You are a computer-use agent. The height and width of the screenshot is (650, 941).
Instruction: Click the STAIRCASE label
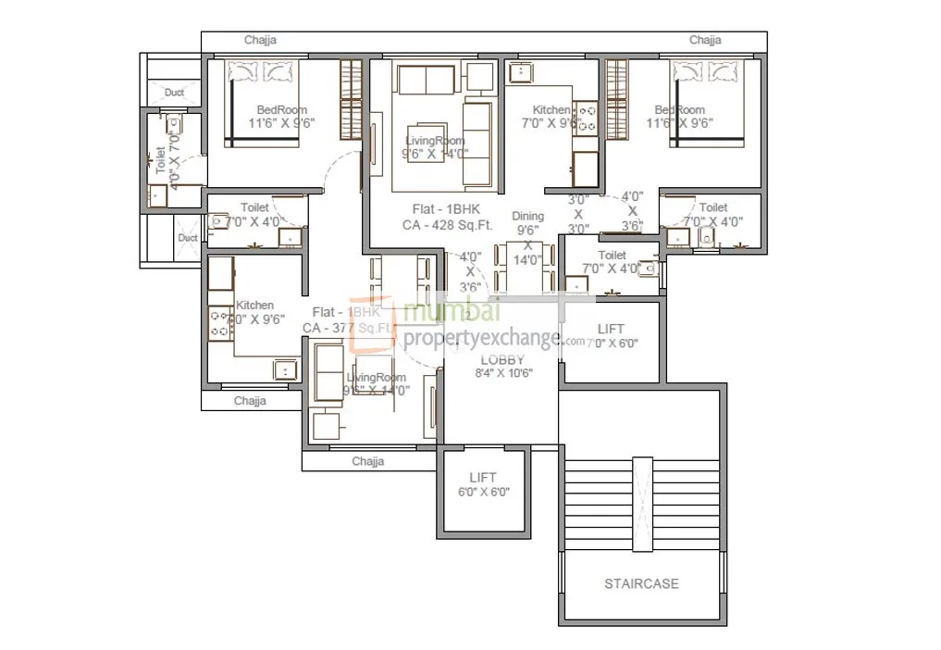(641, 583)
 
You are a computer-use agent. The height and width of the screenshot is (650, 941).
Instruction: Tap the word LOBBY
(501, 359)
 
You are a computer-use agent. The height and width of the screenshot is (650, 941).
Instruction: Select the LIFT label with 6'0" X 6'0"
(482, 477)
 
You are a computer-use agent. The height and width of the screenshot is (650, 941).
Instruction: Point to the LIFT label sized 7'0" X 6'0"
(611, 329)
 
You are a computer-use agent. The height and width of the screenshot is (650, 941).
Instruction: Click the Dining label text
(528, 216)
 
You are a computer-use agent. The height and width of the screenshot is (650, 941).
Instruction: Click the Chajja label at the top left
(260, 40)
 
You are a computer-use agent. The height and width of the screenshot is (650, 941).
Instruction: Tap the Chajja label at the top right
(705, 40)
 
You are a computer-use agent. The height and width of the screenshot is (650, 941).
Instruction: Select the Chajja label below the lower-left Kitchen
(250, 401)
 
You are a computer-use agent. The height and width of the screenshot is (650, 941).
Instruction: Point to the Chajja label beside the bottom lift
(367, 461)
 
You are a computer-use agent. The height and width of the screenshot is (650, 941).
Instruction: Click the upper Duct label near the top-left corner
(174, 92)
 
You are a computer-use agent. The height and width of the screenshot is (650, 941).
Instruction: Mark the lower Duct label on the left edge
(187, 238)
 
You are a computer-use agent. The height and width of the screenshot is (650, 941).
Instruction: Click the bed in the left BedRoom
(264, 102)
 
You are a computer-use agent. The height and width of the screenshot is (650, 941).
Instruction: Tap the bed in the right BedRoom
(708, 102)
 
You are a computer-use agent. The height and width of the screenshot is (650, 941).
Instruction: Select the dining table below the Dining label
(527, 269)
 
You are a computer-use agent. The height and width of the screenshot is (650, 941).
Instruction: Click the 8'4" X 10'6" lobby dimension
(501, 373)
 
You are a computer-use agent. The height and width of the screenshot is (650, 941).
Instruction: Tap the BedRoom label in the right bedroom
(680, 110)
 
